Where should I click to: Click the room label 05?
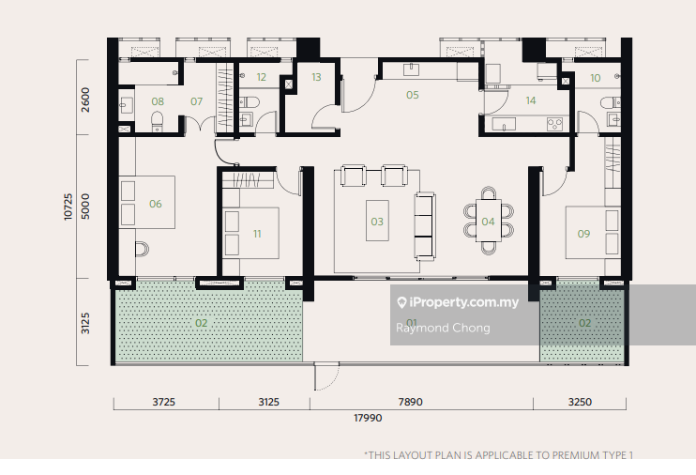413,95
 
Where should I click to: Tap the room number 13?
316,77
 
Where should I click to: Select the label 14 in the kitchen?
530,100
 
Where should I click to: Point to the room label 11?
257,234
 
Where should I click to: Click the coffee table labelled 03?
377,221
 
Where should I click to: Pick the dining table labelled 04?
489,221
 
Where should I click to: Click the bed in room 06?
147,203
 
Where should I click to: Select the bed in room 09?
592,233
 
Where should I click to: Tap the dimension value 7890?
410,402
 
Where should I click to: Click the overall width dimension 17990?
368,418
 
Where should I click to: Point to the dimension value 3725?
164,402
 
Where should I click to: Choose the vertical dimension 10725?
68,207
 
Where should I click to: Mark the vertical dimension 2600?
85,100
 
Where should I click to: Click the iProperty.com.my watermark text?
464,302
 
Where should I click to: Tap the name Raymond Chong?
443,328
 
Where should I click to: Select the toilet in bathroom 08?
158,121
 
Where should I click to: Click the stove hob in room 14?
555,124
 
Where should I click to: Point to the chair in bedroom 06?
142,250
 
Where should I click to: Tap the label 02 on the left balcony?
201,323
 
